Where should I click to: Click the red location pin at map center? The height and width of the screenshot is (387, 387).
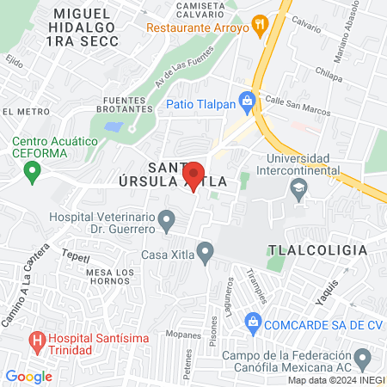[194, 175]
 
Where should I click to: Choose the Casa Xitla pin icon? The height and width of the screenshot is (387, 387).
[205, 252]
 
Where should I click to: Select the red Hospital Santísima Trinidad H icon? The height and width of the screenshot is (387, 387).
[38, 341]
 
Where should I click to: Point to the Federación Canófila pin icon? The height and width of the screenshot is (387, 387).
[363, 356]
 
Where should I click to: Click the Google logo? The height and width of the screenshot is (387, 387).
[28, 376]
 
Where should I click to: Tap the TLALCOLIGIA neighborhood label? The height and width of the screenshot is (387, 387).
[317, 250]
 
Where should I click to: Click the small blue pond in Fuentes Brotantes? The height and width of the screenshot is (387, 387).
[112, 126]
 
